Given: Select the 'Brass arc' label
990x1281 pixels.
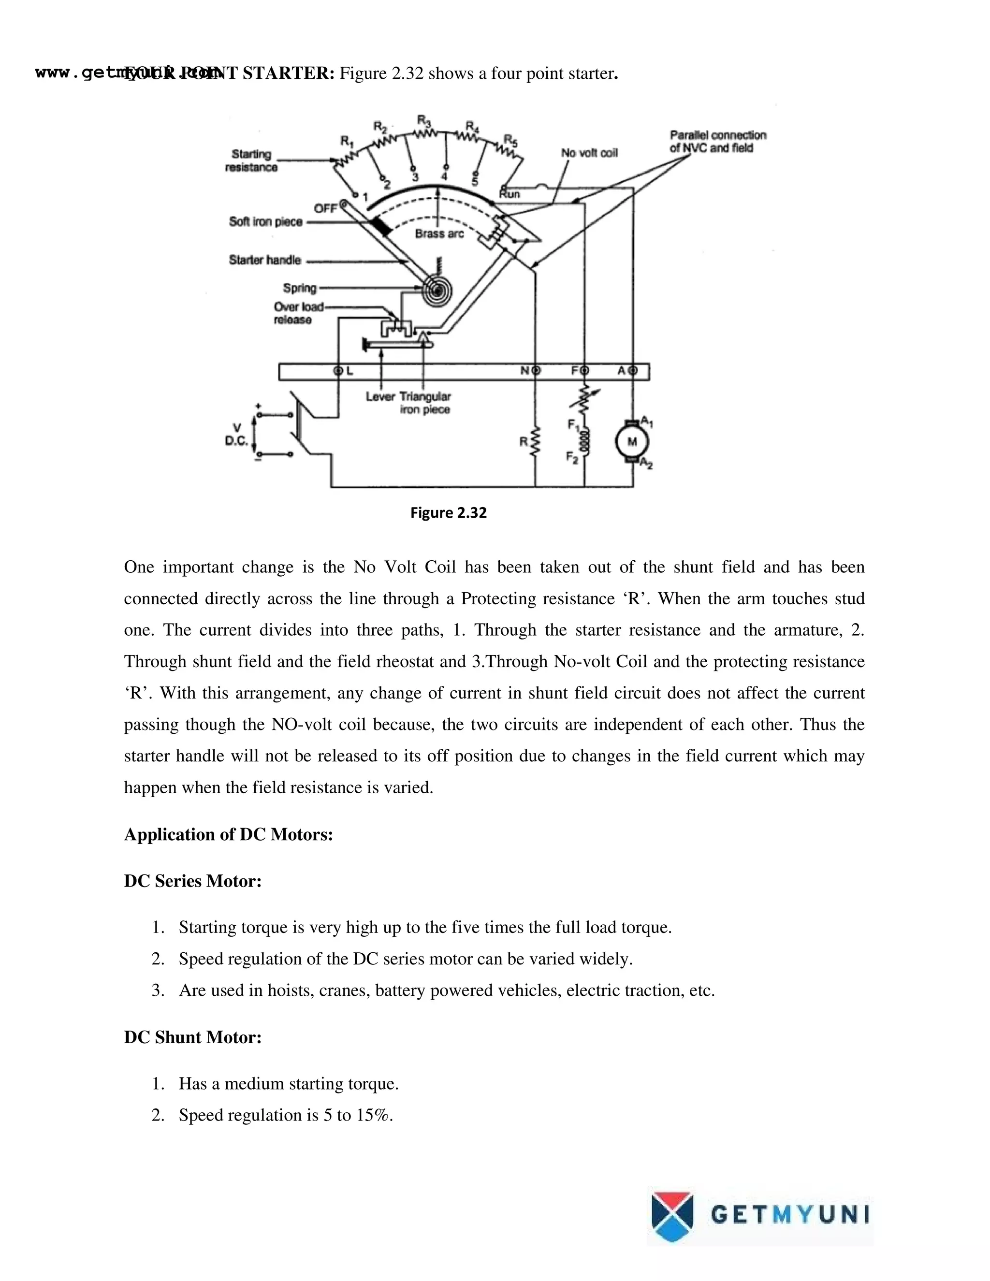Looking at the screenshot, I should [x=439, y=233].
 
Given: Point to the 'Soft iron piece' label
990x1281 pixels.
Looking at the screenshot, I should [x=266, y=222].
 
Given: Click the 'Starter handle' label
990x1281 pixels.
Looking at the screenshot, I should [x=264, y=260].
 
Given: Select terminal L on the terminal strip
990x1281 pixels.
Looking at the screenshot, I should [x=338, y=371].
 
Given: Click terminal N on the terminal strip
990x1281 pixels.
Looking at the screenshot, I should [x=535, y=371].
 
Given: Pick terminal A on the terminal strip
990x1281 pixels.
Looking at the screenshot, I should [x=632, y=371].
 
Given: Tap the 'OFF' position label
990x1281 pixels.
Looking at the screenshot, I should [x=325, y=209].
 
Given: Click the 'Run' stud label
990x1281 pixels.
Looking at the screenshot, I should [x=509, y=194].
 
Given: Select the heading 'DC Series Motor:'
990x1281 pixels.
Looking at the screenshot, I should [x=192, y=881].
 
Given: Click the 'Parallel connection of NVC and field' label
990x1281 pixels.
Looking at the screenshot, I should [x=717, y=141].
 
